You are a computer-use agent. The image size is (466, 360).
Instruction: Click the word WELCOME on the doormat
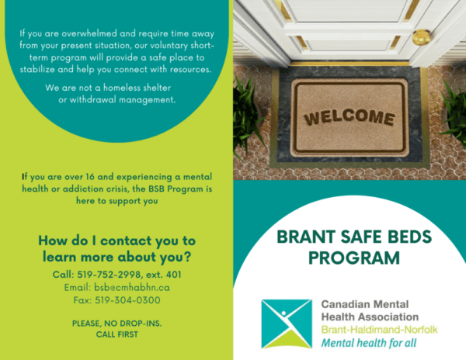[x=349, y=118]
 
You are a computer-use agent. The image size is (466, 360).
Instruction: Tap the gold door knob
[x=422, y=36]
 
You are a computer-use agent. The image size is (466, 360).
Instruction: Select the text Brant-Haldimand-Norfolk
[x=379, y=330]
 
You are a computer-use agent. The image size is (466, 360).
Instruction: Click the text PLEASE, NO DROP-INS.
[x=117, y=322]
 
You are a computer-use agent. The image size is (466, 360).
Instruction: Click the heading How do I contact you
[x=116, y=241]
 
